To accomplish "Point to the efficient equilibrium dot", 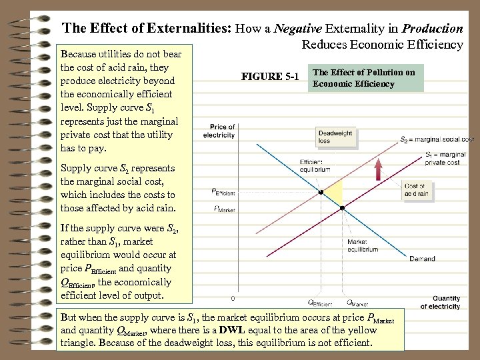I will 321,192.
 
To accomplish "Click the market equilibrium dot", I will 343,208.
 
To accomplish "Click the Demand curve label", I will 422,259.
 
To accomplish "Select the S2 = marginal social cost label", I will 437,140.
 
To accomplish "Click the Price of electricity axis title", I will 222,131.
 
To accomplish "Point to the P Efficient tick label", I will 224,193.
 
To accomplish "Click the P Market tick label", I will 224,209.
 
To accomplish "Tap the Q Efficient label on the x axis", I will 321,302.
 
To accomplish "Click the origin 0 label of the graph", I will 233,298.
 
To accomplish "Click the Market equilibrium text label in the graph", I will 363,245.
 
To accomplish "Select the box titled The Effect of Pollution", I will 364,78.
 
